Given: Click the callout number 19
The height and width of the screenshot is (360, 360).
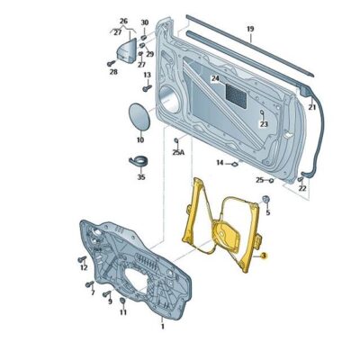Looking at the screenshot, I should click(250, 30).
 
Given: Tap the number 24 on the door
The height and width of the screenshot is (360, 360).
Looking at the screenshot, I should click(216, 79).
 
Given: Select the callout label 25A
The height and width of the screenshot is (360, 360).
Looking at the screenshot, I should click(178, 153).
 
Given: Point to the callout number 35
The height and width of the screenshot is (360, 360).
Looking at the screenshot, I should click(139, 178).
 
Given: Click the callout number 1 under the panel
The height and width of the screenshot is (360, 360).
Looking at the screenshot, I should click(162, 327).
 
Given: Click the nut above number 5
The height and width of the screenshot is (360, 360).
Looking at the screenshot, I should click(267, 198).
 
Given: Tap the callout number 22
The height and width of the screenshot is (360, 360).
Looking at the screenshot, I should click(302, 188).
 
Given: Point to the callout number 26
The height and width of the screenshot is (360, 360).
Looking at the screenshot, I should click(123, 21).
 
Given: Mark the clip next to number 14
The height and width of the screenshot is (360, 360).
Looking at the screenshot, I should click(232, 164).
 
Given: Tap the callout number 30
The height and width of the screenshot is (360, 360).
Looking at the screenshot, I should click(144, 21).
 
